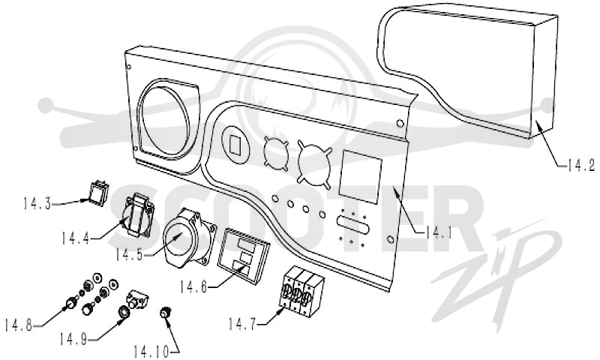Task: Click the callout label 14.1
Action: coord(439,232)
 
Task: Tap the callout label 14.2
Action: coord(580,165)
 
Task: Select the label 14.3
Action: coord(37,203)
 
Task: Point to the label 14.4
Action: coord(76,238)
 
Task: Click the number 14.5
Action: coord(129,255)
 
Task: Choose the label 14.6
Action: coord(193,287)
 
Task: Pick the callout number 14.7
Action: coord(241,325)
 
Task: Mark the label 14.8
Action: coord(18,325)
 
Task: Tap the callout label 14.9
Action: coord(73,339)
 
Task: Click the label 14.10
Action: coord(151,352)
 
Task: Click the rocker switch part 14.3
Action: coord(98,193)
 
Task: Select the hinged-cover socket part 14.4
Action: coord(138,214)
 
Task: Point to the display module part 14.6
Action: coord(243,256)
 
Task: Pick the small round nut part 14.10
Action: coord(165,313)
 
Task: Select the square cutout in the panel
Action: coord(361,177)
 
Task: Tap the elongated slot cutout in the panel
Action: coord(352,224)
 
